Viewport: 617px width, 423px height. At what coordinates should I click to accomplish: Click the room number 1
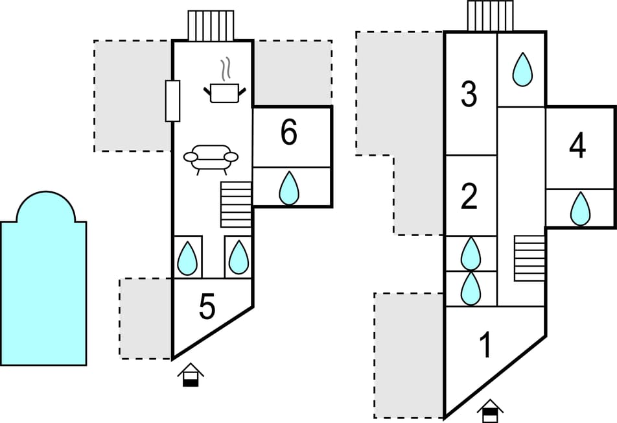[485, 346]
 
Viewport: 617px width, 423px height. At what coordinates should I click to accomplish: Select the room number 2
[469, 197]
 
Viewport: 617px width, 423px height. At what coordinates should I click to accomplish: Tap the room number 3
[469, 95]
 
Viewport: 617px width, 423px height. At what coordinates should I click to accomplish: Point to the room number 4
[577, 147]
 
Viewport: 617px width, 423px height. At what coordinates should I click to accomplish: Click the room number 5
[207, 308]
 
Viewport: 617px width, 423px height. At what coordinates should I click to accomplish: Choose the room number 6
[289, 133]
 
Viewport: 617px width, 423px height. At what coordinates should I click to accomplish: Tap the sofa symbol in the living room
[211, 158]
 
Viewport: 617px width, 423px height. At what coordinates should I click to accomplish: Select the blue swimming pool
[43, 285]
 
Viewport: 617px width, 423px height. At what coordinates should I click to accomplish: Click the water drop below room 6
[289, 189]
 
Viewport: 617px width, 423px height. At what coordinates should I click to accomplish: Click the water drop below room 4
[581, 209]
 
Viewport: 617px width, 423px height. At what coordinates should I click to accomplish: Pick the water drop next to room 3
[522, 69]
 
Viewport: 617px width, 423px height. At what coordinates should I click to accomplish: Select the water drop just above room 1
[471, 288]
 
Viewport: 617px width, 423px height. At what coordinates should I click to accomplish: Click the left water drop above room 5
[187, 258]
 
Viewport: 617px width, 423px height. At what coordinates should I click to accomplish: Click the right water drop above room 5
[239, 258]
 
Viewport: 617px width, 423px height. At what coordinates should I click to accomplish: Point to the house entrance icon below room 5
[191, 376]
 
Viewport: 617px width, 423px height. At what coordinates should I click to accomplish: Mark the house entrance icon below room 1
[491, 409]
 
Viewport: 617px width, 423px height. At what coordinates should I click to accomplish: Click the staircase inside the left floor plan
[236, 204]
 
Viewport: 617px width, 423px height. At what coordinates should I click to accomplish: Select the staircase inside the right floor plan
[530, 258]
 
